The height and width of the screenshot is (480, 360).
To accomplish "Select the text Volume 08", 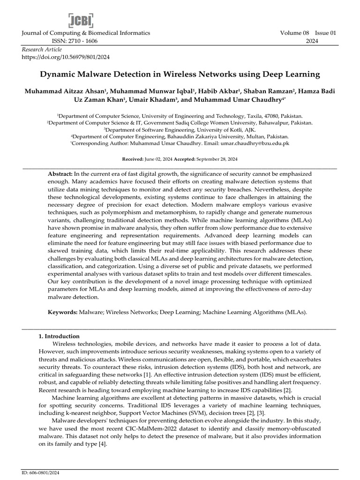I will tap(293, 33).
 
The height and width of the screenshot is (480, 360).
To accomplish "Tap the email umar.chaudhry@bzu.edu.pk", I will tap(262, 142).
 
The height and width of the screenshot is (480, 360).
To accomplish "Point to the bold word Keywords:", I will tap(63, 311).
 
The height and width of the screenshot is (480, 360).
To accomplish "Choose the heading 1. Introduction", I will tap(59, 336).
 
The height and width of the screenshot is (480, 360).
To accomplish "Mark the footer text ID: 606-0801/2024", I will tap(42, 473).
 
